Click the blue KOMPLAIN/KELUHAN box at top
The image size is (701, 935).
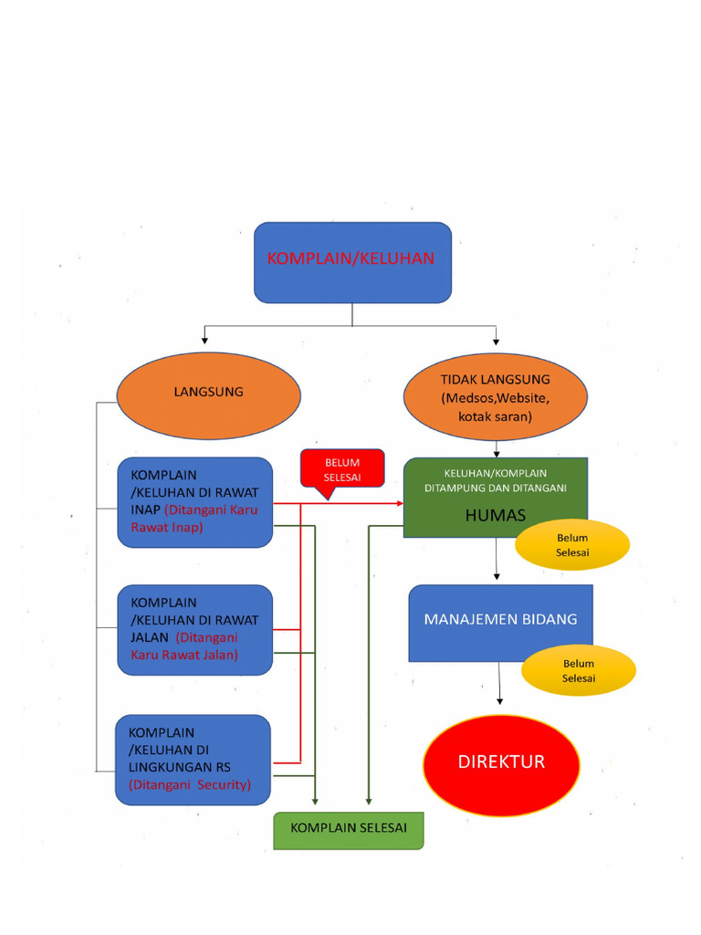pos(352,262)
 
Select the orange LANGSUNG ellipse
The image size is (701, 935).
pos(208,394)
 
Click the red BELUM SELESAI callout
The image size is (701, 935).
pos(342,469)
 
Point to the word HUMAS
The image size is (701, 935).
pos(495,516)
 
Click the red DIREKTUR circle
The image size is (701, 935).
pos(501,764)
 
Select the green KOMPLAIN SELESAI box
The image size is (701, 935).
pos(349,830)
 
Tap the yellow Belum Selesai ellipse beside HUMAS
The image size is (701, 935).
pos(572,545)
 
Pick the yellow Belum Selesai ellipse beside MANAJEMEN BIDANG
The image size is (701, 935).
pos(578,671)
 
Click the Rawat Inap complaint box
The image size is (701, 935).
pos(194,502)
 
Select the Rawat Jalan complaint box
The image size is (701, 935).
pos(194,630)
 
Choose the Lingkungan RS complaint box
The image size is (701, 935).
pos(193,760)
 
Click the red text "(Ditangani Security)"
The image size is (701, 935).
pos(190,784)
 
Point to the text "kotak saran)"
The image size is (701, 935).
pos(495,416)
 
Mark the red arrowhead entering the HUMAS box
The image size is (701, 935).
pos(399,503)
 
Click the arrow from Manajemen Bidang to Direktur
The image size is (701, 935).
pos(499,685)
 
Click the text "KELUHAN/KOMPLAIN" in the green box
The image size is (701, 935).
pos(495,473)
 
